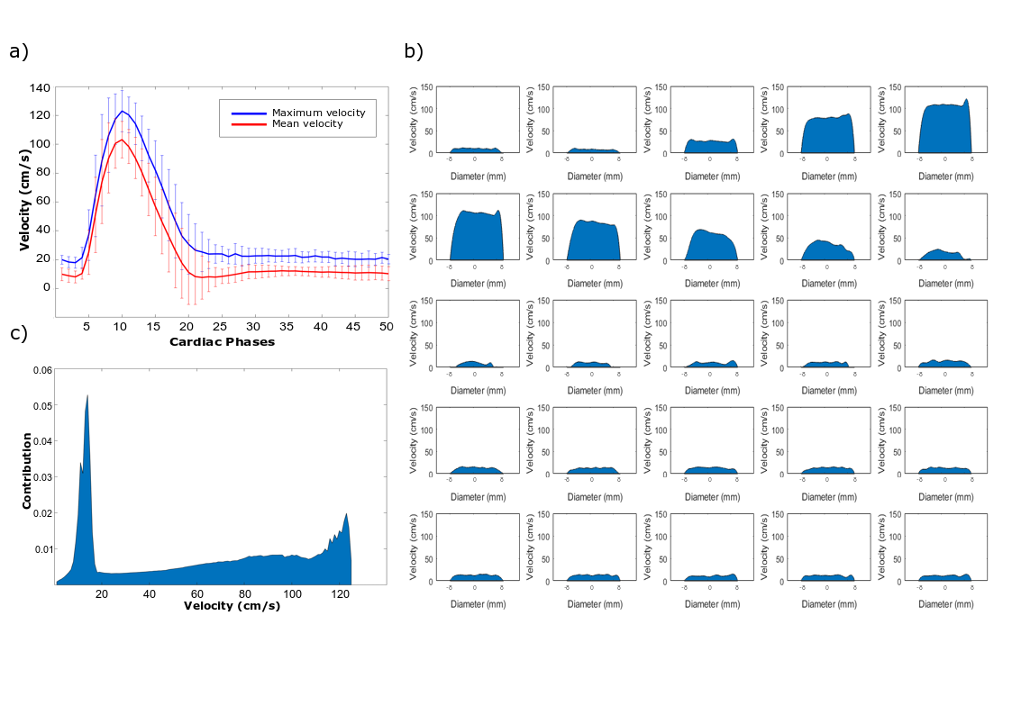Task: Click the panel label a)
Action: [x=19, y=51]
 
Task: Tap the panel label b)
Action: [x=414, y=51]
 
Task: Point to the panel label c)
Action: [x=19, y=334]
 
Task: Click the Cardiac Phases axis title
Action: [x=221, y=342]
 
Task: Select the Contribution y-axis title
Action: [x=28, y=471]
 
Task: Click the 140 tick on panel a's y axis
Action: [x=39, y=88]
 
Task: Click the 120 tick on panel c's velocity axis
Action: [x=340, y=594]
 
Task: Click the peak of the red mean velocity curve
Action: [x=122, y=140]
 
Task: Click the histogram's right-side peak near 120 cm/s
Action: [x=346, y=514]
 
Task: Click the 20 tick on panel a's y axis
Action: [x=42, y=258]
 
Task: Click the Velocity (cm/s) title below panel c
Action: [x=232, y=606]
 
